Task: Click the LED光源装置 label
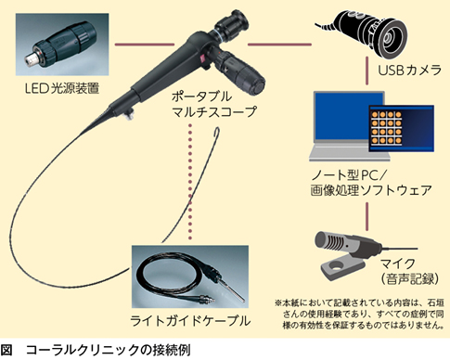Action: pos(62,88)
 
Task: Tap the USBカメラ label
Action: pos(410,71)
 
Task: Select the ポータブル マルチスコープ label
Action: pos(214,104)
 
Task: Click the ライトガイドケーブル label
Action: pos(190,321)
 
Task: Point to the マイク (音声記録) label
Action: pos(410,272)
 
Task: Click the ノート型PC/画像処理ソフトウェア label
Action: pos(371,183)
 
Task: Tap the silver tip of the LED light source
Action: pos(31,58)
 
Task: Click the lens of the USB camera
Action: pos(388,38)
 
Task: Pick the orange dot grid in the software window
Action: pos(386,128)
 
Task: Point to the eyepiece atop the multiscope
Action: pos(232,24)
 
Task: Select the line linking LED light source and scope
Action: pos(144,45)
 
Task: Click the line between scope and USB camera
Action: pos(279,45)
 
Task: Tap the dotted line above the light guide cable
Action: pos(190,182)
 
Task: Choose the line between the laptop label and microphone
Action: pos(367,216)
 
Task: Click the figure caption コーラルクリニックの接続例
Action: pos(109,351)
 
